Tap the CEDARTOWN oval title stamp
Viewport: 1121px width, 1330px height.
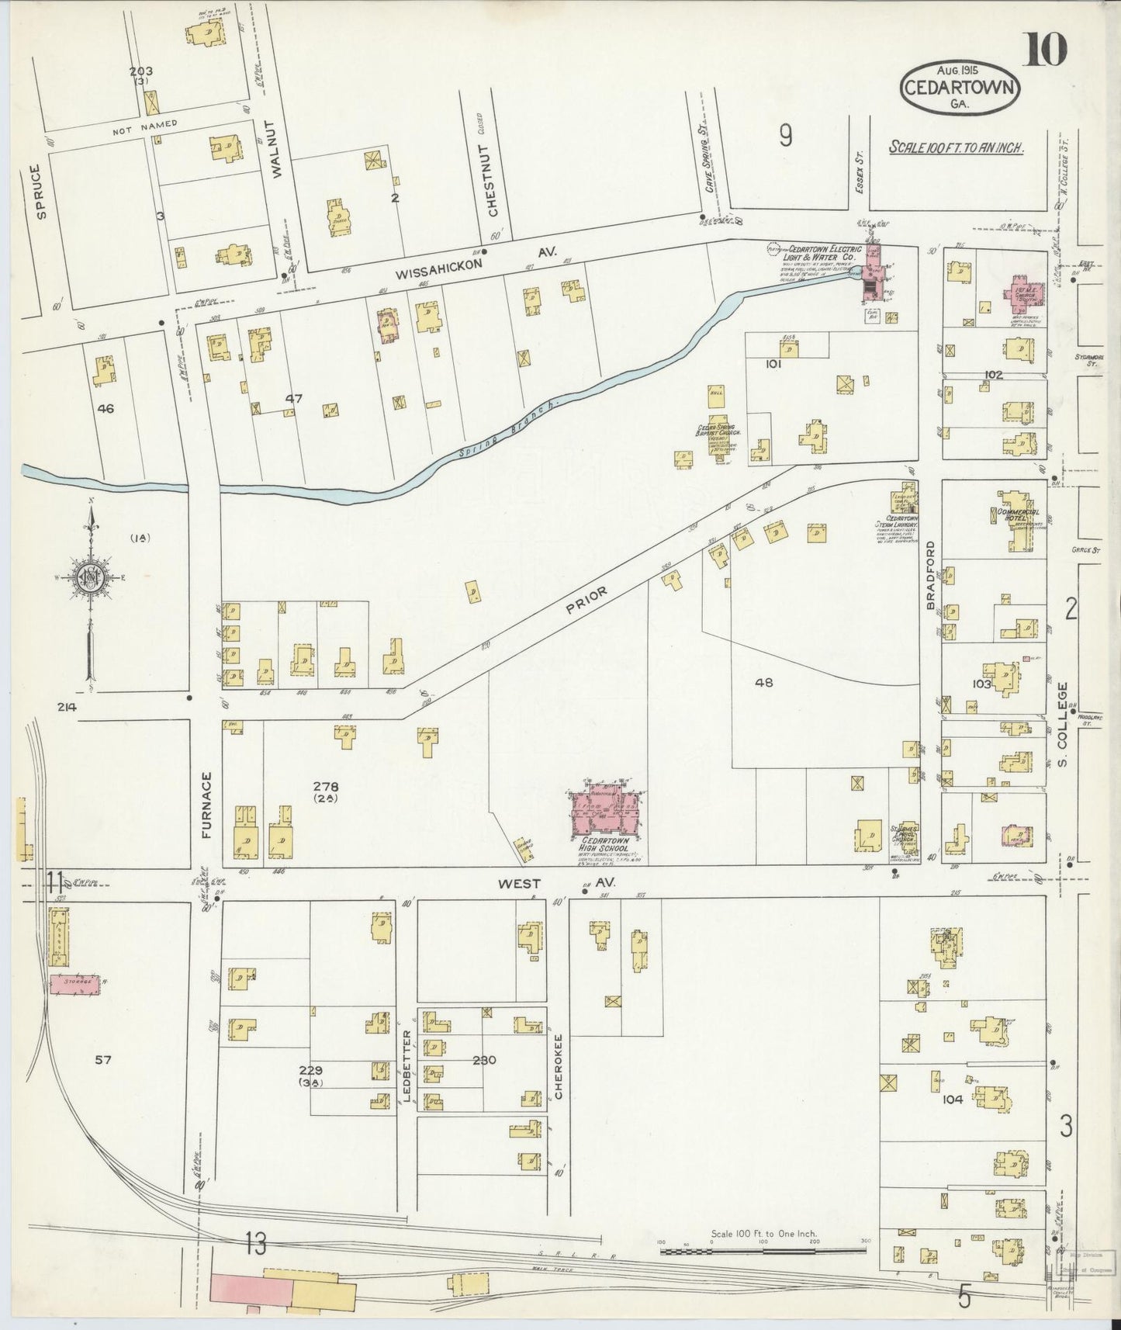click(x=959, y=88)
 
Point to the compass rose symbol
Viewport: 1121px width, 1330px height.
click(x=92, y=577)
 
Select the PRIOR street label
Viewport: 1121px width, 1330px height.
click(x=586, y=600)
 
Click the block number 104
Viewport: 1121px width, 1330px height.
click(x=953, y=1100)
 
